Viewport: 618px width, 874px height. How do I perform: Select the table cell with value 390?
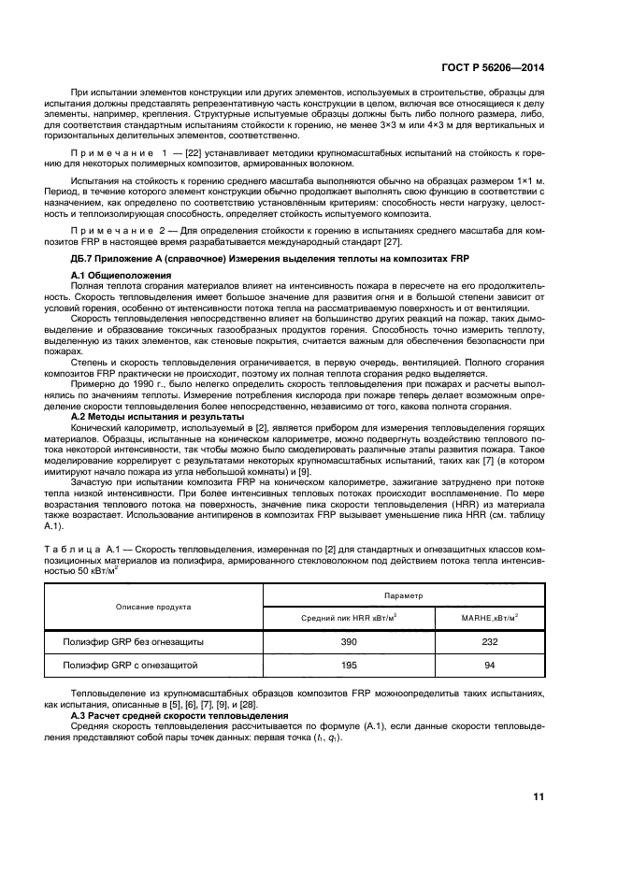350,642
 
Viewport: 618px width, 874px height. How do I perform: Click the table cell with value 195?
350,666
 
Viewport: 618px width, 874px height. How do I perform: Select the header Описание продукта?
153,606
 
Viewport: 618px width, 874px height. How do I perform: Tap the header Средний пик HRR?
349,618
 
